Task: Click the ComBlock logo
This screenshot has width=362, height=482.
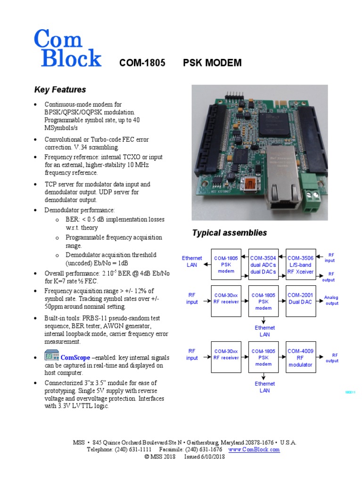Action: point(67,48)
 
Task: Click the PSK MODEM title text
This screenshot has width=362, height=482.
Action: point(212,63)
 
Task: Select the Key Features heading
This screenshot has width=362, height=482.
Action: point(60,89)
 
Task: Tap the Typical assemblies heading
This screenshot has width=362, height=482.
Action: point(229,233)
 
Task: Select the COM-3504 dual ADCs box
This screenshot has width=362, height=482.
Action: point(263,265)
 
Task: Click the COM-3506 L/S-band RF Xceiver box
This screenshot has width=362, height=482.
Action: point(301,265)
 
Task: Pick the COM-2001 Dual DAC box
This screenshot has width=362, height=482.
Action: point(301,298)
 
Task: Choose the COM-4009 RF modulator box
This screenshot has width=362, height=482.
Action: point(301,357)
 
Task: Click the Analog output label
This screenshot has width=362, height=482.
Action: point(331,300)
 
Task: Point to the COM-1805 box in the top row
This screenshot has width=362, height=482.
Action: point(226,265)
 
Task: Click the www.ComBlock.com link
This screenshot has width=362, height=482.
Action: point(254,450)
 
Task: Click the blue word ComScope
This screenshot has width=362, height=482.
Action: point(75,358)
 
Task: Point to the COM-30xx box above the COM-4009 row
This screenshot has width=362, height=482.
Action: point(226,298)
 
